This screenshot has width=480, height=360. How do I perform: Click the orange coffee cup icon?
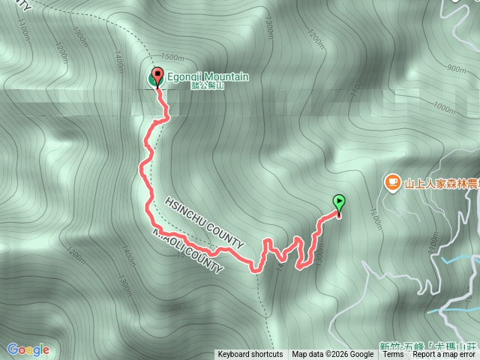392,181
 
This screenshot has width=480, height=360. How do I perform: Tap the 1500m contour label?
172,58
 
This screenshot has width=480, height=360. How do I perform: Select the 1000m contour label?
444,108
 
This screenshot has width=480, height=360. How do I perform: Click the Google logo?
28,349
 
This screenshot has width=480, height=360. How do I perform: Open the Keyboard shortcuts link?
250,355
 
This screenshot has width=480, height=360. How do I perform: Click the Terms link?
393,355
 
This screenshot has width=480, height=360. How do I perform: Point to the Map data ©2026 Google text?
333,355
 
